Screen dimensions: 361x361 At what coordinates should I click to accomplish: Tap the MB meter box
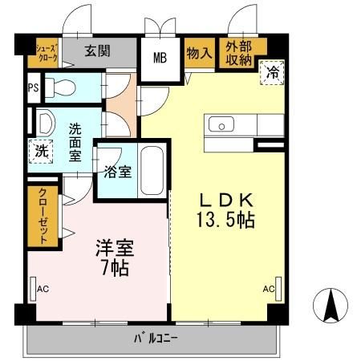(x=160, y=57)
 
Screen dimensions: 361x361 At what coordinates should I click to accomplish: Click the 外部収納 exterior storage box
(x=238, y=54)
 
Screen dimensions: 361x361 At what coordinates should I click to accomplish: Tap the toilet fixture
(x=59, y=87)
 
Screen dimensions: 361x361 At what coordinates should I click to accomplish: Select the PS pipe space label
(x=34, y=88)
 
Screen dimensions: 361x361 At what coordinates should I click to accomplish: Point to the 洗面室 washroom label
(x=75, y=141)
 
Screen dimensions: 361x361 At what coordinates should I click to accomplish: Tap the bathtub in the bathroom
(x=152, y=170)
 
